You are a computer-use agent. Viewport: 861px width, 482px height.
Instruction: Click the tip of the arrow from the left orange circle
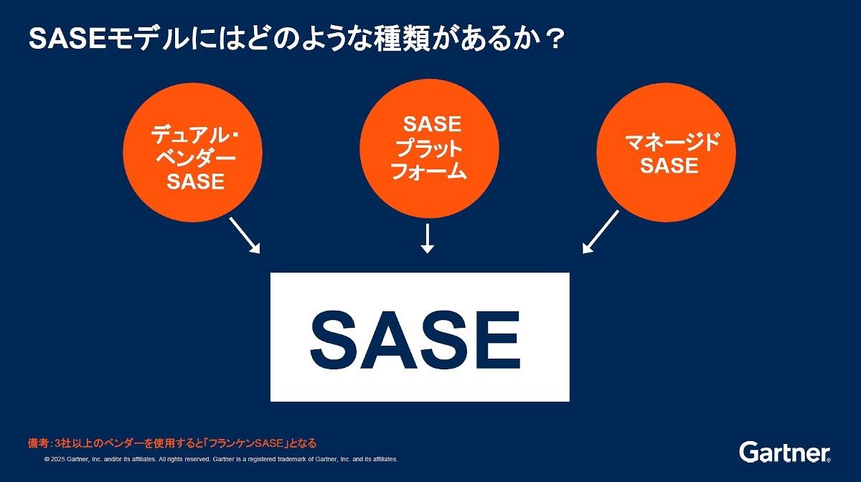click(x=260, y=253)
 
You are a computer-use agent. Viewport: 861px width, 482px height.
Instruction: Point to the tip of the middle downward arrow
click(x=427, y=254)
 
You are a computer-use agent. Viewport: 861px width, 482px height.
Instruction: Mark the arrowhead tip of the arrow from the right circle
click(x=583, y=254)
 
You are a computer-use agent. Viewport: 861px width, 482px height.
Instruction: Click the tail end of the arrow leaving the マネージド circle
click(x=618, y=210)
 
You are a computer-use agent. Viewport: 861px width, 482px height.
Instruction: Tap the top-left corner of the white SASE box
click(x=270, y=273)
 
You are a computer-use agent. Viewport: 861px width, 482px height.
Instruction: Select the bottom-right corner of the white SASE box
click(x=570, y=402)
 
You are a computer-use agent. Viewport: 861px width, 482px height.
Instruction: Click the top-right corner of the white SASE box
click(x=570, y=273)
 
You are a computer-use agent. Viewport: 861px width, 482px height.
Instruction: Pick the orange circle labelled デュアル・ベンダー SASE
click(x=192, y=152)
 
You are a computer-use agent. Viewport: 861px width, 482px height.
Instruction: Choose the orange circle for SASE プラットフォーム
click(x=429, y=148)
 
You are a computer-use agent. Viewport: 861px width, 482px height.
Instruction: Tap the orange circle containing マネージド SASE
click(x=666, y=152)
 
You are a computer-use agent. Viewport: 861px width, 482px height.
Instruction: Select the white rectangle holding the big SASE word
click(x=420, y=337)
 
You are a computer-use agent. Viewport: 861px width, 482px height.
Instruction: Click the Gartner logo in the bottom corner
click(x=784, y=452)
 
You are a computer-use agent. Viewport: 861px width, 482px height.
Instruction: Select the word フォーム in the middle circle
click(x=428, y=171)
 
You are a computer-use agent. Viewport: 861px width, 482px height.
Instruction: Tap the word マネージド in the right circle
click(x=672, y=142)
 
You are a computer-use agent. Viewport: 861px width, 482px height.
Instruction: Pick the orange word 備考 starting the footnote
click(x=38, y=443)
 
